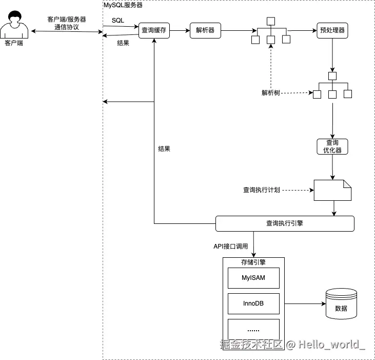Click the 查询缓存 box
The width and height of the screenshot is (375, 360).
[154, 31]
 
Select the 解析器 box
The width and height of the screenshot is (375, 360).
[205, 31]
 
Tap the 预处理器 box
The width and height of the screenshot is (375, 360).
[332, 31]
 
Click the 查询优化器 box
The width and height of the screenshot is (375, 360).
[332, 146]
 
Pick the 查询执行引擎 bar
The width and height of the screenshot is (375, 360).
[285, 223]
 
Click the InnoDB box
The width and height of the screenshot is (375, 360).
[253, 303]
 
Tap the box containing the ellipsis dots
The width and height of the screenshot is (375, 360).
[253, 329]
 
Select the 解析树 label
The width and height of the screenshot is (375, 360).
[270, 93]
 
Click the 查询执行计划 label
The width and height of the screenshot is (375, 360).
[261, 190]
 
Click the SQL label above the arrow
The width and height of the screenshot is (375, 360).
[118, 20]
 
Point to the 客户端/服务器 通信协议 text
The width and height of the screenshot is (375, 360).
[67, 23]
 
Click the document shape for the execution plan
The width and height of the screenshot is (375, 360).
[332, 190]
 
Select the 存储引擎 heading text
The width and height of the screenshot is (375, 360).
[253, 262]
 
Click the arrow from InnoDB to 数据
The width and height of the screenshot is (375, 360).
[305, 304]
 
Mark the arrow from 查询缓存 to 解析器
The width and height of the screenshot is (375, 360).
[180, 31]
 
